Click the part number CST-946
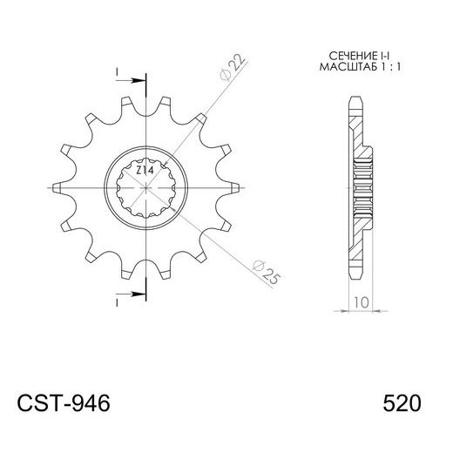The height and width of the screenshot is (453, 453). pos(64,404)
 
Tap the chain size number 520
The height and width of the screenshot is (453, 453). pos(402,404)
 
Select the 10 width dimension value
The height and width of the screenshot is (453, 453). pos(361,303)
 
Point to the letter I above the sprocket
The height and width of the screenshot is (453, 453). pos(116,70)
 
